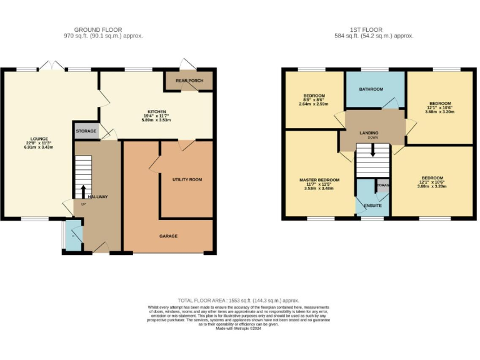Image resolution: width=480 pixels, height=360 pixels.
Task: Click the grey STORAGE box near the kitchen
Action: [x=86, y=131]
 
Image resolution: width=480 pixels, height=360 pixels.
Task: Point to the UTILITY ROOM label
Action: [x=187, y=179]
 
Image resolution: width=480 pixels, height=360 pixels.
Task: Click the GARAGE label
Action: [x=168, y=236]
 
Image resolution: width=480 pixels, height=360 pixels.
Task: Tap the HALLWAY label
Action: [x=97, y=197]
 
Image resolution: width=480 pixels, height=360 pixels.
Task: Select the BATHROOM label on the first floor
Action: [x=371, y=89]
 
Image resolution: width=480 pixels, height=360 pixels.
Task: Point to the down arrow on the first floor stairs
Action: [x=373, y=150]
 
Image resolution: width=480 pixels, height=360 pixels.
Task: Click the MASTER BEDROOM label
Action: [x=319, y=180]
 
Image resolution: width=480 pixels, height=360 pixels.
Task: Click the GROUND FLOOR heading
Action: [x=98, y=29]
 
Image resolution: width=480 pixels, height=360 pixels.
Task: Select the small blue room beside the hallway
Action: [x=74, y=237]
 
